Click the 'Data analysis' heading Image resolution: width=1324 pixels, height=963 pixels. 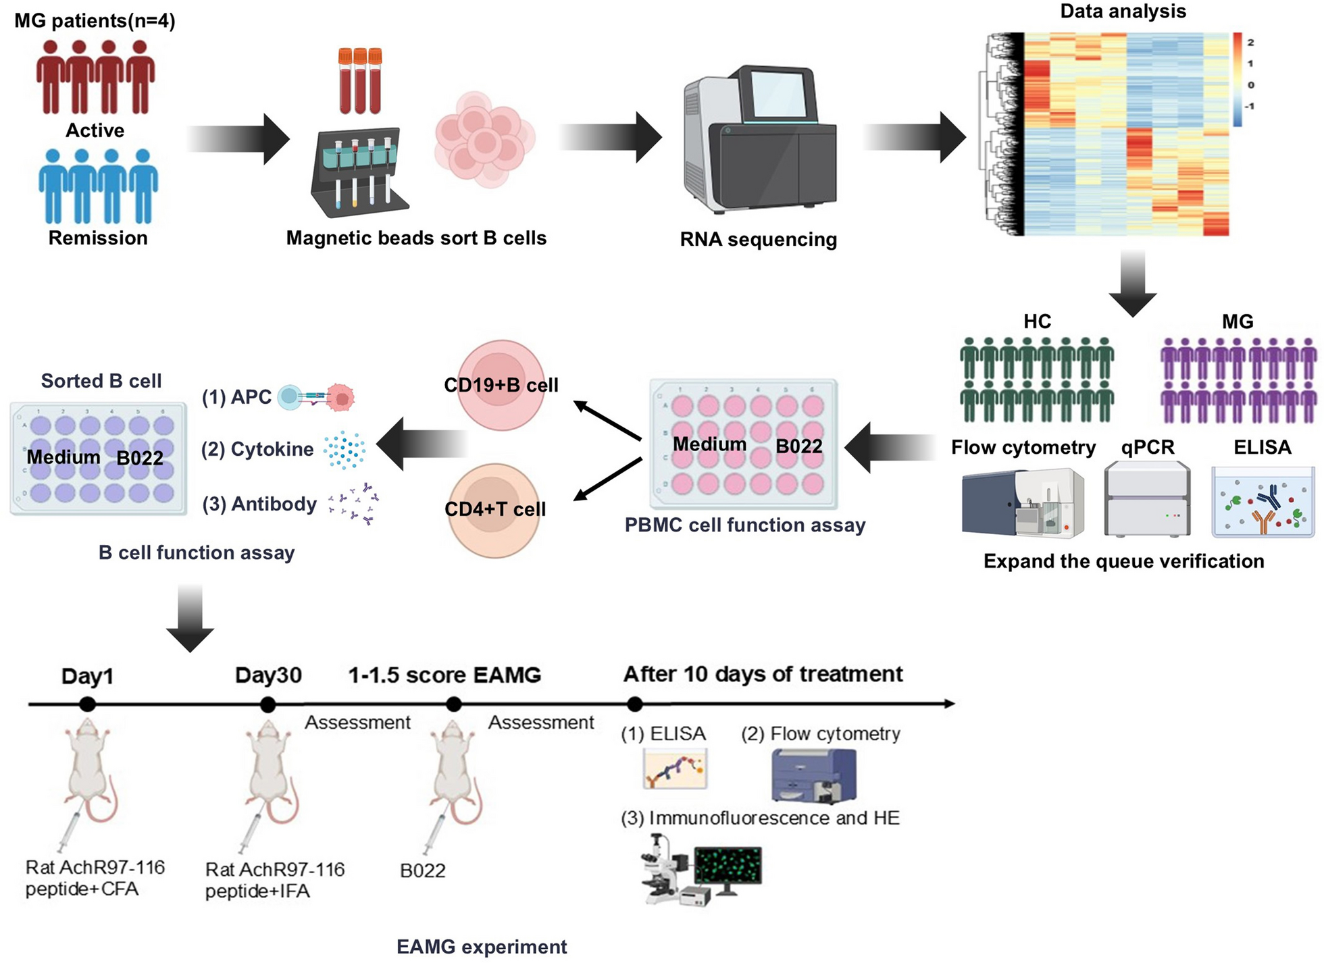point(1123,11)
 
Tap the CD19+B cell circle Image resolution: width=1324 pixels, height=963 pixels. point(501,385)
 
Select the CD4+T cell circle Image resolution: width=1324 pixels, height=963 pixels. point(494,509)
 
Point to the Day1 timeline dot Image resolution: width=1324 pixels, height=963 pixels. point(87,704)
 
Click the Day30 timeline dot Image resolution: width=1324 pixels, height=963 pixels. point(268,704)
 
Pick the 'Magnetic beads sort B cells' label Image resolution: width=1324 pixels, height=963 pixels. point(416,238)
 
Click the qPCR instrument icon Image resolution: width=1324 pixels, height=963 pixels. point(1147,500)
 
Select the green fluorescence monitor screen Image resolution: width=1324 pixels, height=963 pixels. point(728,866)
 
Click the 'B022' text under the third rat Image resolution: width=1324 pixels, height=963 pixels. point(423,870)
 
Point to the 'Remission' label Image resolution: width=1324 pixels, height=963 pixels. point(98,238)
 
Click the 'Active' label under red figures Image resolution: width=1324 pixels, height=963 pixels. point(95,130)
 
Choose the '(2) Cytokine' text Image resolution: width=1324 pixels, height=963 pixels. point(257,449)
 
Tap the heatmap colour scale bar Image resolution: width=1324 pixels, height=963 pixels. point(1237,80)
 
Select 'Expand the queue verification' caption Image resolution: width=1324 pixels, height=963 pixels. point(1123,561)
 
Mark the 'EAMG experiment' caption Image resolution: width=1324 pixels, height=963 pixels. point(482,947)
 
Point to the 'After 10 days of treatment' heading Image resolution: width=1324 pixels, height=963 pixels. point(763,674)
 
